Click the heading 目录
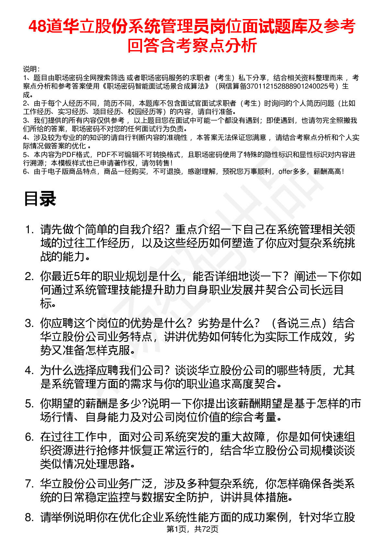40,199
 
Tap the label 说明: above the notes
31,69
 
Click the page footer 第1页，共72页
192,529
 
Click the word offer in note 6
285,172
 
